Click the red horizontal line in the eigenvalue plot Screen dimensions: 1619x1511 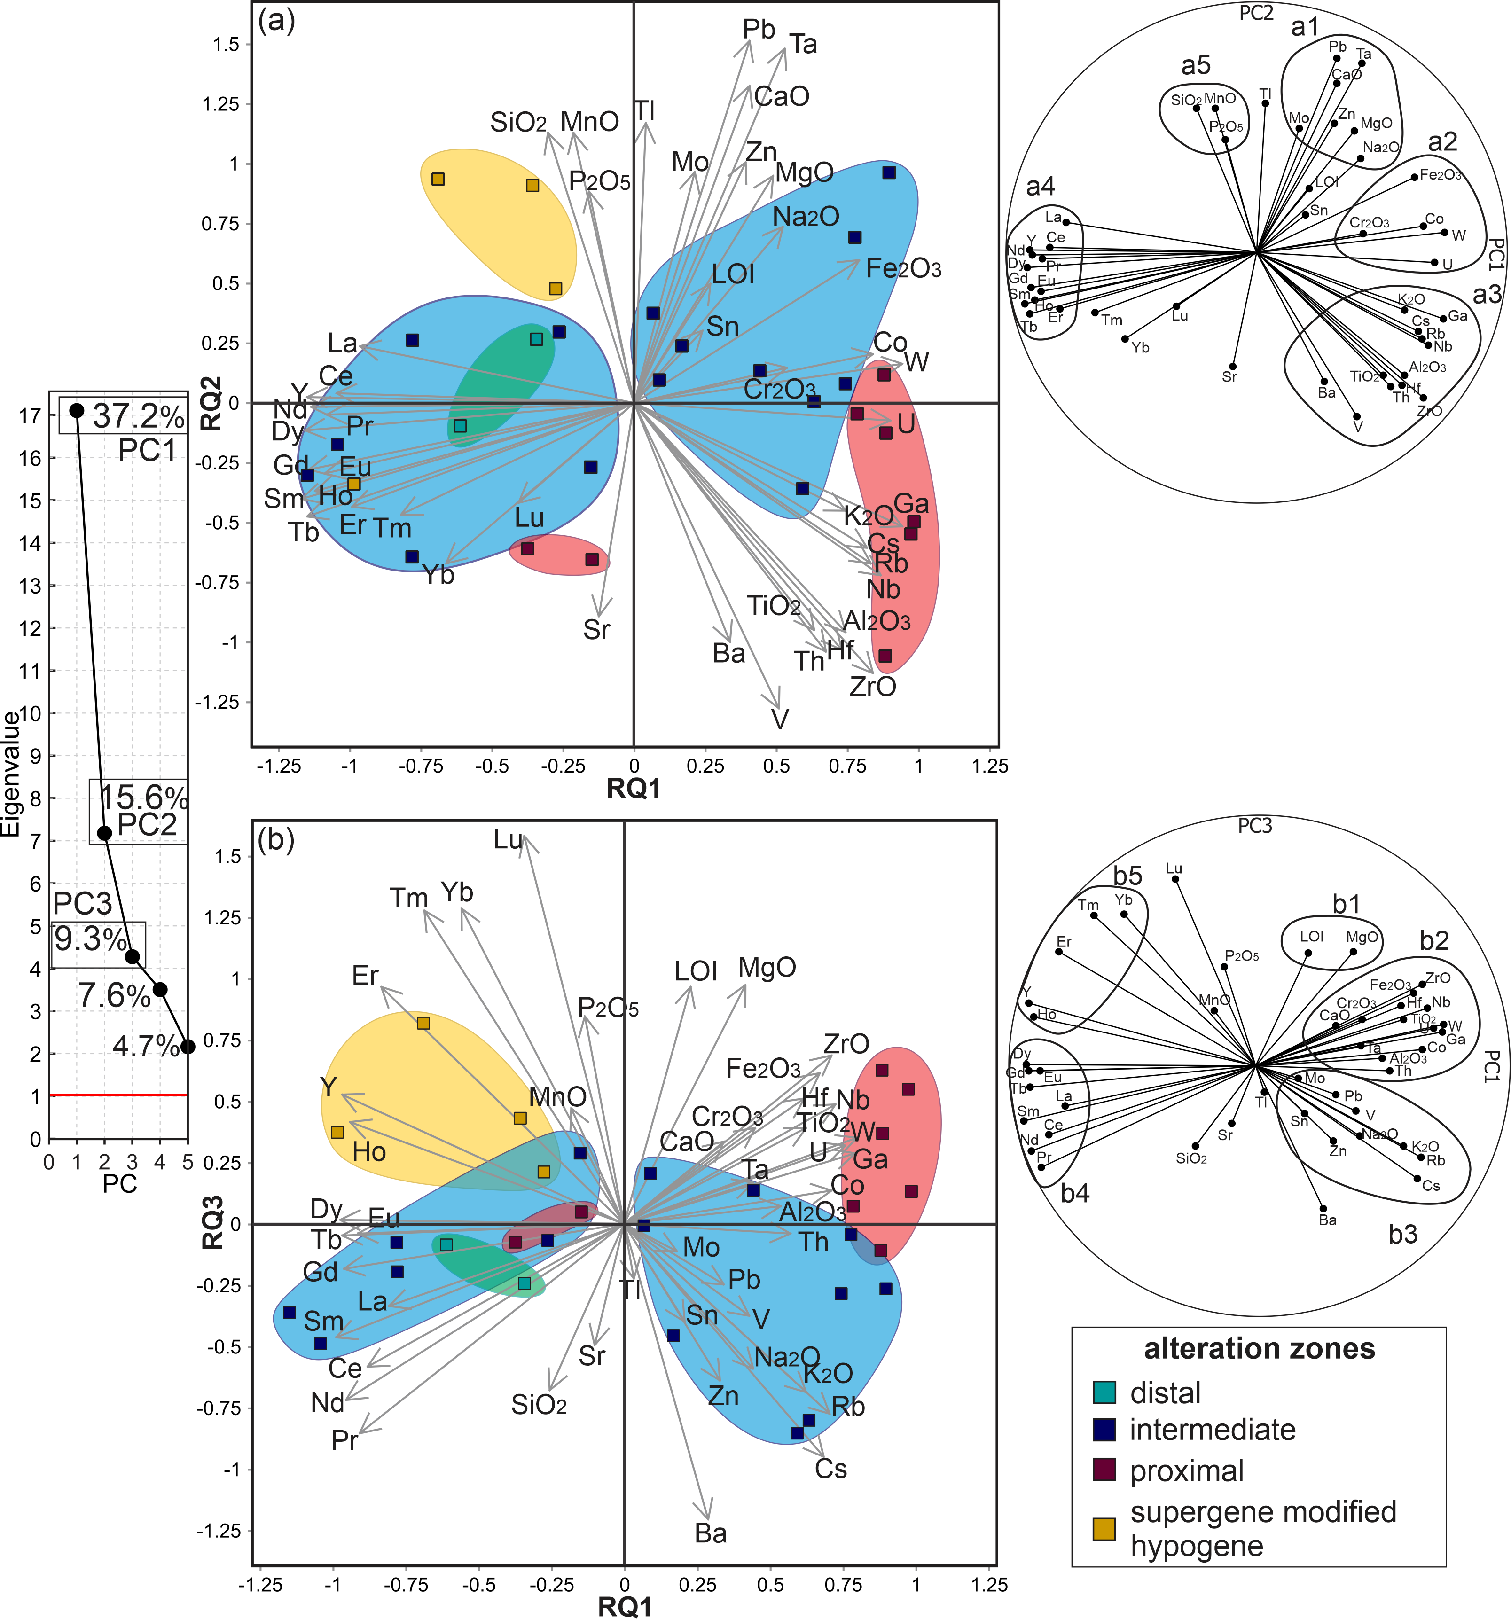[x=118, y=1095]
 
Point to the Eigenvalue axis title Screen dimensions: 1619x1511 [x=11, y=774]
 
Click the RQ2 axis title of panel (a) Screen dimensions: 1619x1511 [x=213, y=403]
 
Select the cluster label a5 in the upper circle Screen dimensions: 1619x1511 [x=1196, y=65]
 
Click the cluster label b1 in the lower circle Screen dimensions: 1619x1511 [x=1347, y=904]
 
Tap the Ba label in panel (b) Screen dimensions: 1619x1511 [x=710, y=1533]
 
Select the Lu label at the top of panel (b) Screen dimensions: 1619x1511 [x=508, y=840]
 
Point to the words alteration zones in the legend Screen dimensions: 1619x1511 [x=1259, y=1349]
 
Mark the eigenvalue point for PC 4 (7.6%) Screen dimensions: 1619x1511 [x=160, y=989]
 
